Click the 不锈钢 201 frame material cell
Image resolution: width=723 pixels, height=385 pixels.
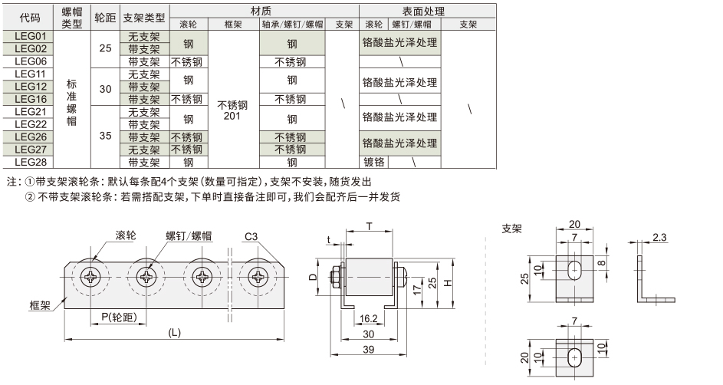(x=233, y=110)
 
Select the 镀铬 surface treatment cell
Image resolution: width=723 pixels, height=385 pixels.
(x=373, y=163)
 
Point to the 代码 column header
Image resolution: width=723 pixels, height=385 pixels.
(x=28, y=18)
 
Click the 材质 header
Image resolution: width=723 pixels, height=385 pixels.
(x=261, y=11)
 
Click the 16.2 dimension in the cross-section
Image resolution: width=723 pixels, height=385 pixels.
(x=367, y=317)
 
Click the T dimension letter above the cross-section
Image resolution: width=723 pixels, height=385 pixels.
(x=369, y=227)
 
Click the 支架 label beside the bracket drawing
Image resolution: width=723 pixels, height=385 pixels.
(x=511, y=229)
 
